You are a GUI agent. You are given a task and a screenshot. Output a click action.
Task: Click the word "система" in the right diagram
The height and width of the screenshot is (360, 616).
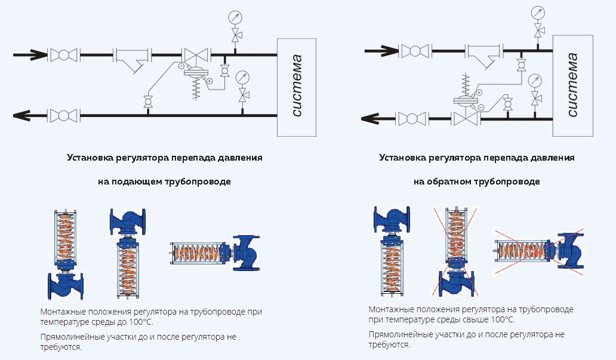572,85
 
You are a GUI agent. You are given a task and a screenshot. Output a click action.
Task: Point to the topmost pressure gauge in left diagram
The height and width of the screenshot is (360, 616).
235,17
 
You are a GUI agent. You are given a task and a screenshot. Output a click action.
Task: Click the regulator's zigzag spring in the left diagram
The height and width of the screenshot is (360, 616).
195,90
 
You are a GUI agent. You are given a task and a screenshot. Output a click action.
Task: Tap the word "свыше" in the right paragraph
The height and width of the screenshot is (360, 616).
469,320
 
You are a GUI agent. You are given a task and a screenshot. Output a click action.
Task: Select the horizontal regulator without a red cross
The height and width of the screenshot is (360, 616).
215,253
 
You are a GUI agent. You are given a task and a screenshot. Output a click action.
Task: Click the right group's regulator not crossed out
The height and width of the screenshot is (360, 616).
392,251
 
